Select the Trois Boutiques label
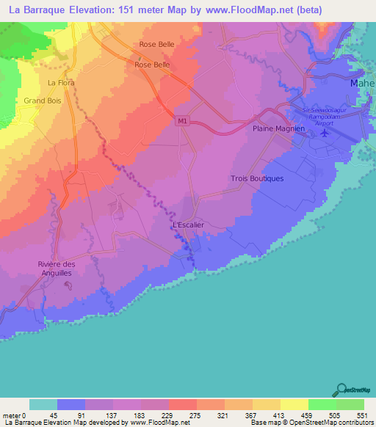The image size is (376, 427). point(257,178)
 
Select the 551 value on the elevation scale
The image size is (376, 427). point(361,414)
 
